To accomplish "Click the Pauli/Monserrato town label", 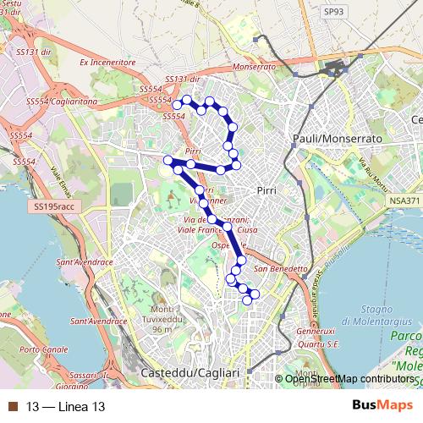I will pos(336,137).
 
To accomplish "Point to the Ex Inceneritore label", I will pos(107,63).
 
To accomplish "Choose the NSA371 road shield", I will pos(405,201).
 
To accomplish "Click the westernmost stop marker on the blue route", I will pos(168,160).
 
